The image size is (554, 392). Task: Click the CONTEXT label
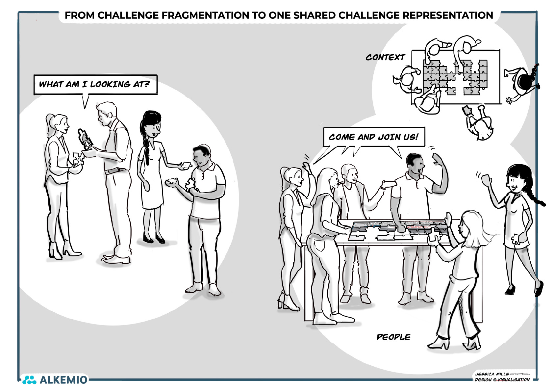[385, 57]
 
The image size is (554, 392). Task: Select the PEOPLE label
[393, 337]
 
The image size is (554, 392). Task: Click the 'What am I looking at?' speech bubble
[95, 85]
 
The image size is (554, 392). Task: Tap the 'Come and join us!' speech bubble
[373, 137]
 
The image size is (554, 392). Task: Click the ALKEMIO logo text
[63, 380]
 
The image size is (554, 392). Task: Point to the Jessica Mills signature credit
[502, 377]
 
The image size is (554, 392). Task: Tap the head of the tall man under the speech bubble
[106, 114]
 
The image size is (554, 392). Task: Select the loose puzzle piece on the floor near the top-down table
[510, 100]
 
